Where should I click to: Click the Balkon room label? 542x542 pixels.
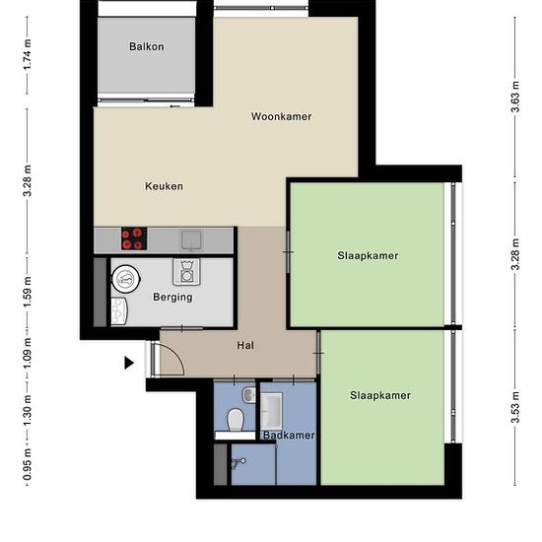click(x=147, y=46)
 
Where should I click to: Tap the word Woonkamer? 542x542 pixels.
click(x=282, y=116)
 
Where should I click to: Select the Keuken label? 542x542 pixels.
click(x=164, y=186)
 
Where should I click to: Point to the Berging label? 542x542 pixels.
click(x=172, y=298)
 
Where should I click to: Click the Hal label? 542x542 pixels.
click(x=245, y=345)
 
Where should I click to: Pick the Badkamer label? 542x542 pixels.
click(x=289, y=436)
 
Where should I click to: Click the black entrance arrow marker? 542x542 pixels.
click(x=129, y=363)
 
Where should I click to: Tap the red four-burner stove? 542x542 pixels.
click(x=134, y=238)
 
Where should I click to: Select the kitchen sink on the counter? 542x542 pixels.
click(x=191, y=239)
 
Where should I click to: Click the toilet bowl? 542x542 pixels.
click(x=236, y=419)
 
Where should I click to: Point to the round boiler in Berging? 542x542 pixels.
click(x=125, y=279)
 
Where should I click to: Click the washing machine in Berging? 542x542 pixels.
click(x=186, y=272)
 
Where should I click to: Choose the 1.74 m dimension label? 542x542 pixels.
click(x=28, y=54)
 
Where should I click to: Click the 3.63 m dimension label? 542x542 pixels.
click(x=515, y=97)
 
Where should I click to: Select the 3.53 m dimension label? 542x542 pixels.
click(x=515, y=407)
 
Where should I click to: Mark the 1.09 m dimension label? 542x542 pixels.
click(x=28, y=354)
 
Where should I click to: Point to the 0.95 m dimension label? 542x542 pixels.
click(x=28, y=464)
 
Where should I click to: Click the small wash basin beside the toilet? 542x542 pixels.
click(x=249, y=395)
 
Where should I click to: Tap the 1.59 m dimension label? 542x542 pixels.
click(x=28, y=292)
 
